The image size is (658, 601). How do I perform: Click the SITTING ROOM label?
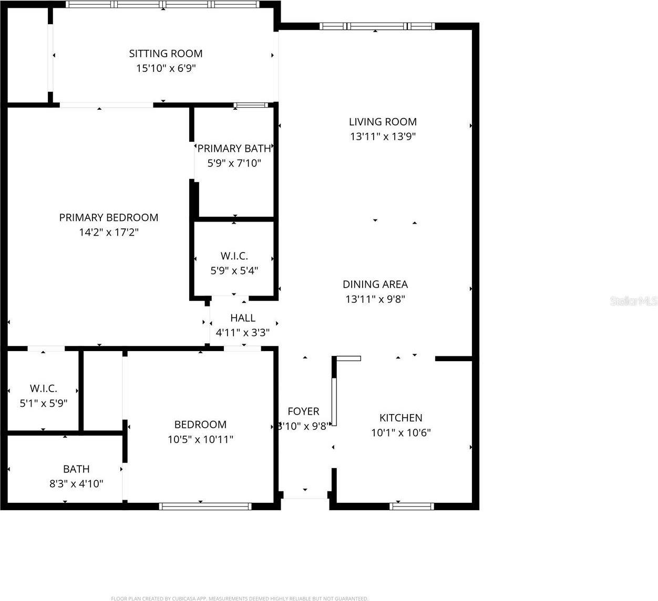click(166, 54)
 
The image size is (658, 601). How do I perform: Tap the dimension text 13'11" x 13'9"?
click(383, 136)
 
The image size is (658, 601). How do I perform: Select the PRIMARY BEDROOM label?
click(108, 217)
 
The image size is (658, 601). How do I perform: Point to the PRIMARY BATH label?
click(234, 149)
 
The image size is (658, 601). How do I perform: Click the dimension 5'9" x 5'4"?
click(234, 271)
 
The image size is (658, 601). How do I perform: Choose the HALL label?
click(243, 318)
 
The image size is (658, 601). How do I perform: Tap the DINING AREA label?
click(375, 284)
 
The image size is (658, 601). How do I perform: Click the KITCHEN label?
click(400, 418)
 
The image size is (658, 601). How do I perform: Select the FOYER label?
click(303, 412)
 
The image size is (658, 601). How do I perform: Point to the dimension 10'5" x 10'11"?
click(200, 439)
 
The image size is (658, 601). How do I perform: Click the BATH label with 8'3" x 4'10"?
click(76, 469)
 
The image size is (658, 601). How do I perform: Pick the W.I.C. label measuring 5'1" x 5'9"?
click(44, 389)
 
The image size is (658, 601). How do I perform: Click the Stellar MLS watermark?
click(633, 301)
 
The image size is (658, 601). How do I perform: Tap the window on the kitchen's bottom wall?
click(412, 506)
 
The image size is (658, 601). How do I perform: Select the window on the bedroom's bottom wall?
click(205, 506)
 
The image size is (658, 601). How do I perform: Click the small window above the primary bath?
click(251, 105)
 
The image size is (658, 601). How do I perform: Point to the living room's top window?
click(377, 26)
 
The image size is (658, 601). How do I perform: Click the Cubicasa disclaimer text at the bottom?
click(239, 598)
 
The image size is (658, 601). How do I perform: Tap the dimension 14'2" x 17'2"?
click(108, 233)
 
